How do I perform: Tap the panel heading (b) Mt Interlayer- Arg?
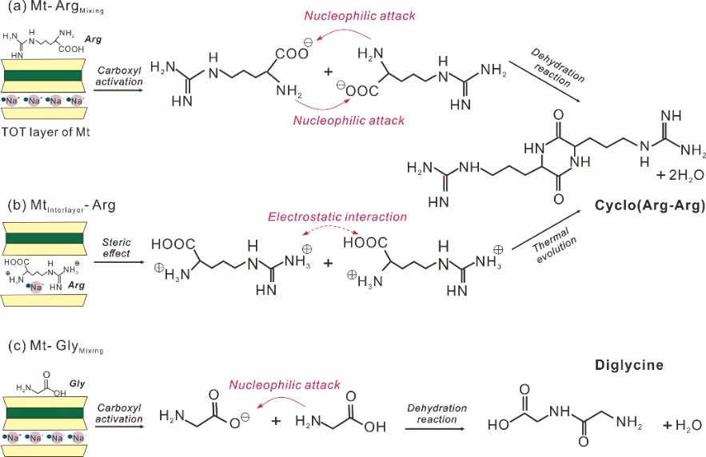pyautogui.click(x=61, y=207)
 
